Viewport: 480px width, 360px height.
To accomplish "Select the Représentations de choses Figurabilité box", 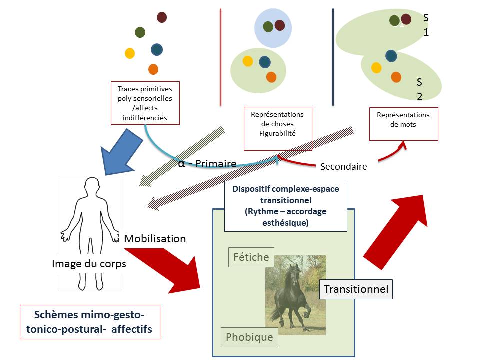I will pos(277,128).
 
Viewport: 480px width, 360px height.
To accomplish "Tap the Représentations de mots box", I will pos(403,124).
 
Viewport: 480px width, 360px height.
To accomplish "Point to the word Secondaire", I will pos(343,167).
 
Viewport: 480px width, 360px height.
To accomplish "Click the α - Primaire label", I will pos(207,163).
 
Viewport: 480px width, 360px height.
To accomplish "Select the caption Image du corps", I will pos(89,263).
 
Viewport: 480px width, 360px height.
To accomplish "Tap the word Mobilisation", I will pos(155,239).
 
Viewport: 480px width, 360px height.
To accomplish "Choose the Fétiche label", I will pos(251,257).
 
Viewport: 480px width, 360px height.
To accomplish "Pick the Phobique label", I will pos(249,337).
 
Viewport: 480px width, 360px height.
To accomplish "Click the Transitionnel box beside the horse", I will pos(356,289).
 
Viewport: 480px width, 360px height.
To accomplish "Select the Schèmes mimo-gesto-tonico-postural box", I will pos(90,322).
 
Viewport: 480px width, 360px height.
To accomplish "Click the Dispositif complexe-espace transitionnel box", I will pos(285,206).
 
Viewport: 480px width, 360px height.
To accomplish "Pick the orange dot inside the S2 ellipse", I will pos(396,77).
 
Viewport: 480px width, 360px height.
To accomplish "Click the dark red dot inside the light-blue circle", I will pos(279,25).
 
